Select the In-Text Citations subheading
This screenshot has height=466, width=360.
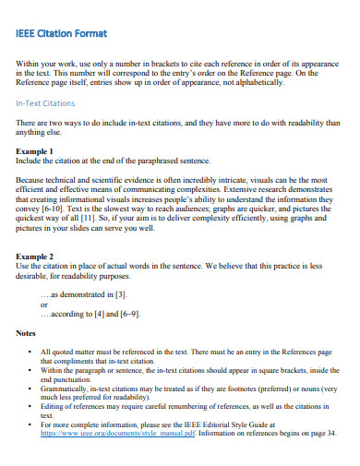44,104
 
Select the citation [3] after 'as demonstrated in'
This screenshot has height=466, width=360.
120,293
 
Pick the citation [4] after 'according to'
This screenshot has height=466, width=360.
99,314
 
